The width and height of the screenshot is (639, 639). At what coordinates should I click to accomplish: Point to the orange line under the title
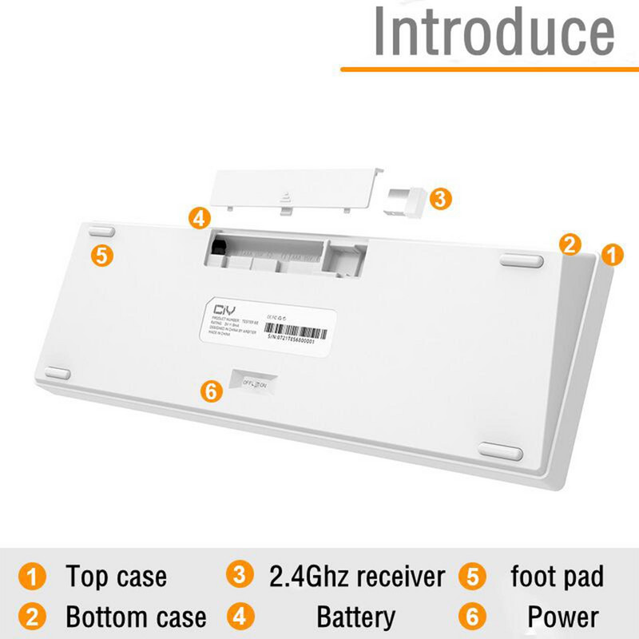tap(489, 69)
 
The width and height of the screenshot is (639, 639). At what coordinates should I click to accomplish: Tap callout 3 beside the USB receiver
tap(440, 199)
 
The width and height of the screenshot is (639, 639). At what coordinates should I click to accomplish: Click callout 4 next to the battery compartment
tap(200, 217)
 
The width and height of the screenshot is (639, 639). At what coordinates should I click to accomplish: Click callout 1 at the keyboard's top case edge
tap(611, 256)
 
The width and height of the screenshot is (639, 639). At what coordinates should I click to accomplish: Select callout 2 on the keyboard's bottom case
tap(570, 244)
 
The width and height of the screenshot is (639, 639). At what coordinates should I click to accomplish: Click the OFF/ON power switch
tap(256, 383)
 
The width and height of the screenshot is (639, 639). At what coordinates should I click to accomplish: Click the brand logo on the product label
tap(214, 308)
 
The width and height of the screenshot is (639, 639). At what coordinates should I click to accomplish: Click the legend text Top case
tap(116, 576)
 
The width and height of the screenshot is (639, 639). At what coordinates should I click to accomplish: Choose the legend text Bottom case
tap(136, 617)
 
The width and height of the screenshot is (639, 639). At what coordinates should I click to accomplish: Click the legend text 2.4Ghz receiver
tap(356, 576)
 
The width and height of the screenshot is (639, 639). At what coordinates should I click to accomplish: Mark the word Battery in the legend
tap(355, 617)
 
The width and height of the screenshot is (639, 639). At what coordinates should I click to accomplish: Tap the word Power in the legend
tap(562, 617)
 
